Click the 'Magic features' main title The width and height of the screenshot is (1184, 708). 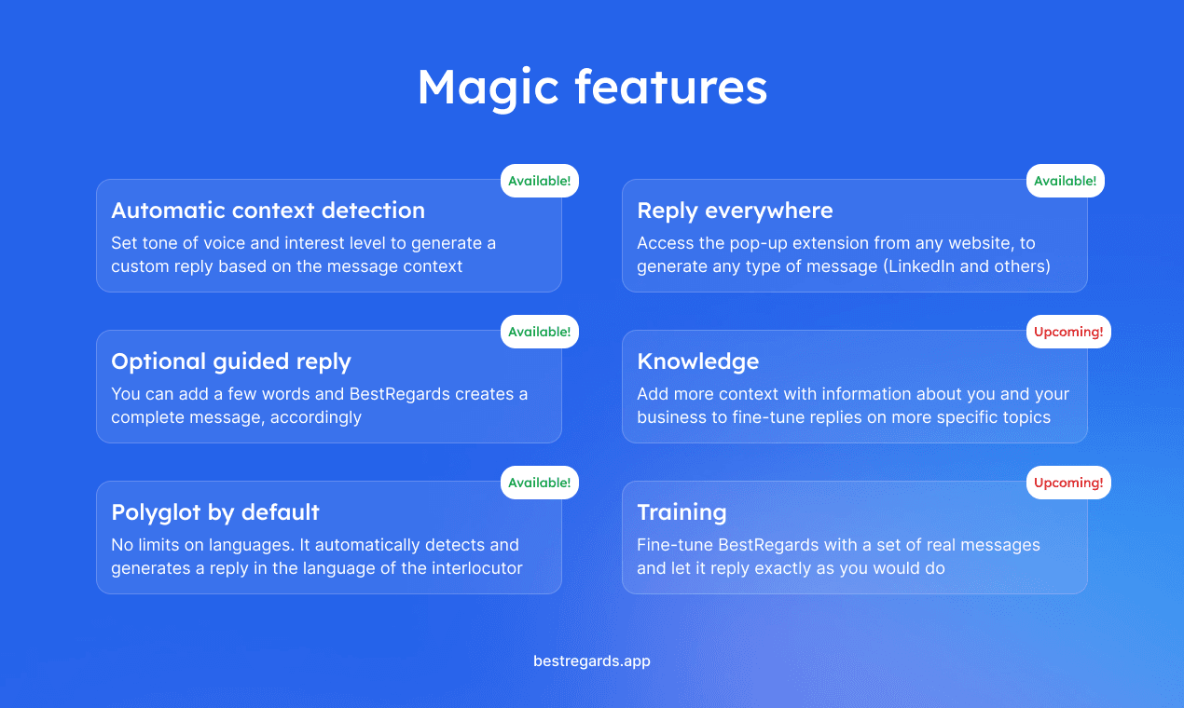pyautogui.click(x=592, y=88)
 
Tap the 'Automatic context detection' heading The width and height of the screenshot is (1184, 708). pyautogui.click(x=268, y=211)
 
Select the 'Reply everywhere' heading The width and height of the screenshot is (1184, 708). pyautogui.click(x=735, y=211)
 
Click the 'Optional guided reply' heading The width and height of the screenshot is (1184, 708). pyautogui.click(x=231, y=362)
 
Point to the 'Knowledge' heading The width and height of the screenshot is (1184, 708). pyautogui.click(x=697, y=361)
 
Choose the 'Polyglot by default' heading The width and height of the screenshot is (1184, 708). pyautogui.click(x=215, y=512)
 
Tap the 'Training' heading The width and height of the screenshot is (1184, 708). pyautogui.click(x=681, y=512)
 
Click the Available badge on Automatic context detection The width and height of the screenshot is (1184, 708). pyautogui.click(x=540, y=181)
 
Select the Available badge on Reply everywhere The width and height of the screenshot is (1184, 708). pyautogui.click(x=1065, y=181)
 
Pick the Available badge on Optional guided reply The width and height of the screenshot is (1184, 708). pyautogui.click(x=540, y=332)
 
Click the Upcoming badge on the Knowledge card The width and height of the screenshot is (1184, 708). pyautogui.click(x=1068, y=332)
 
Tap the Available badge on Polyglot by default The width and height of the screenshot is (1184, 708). pyautogui.click(x=540, y=483)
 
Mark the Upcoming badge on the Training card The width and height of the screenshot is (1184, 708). pyautogui.click(x=1068, y=483)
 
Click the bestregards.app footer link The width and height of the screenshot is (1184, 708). pyautogui.click(x=592, y=661)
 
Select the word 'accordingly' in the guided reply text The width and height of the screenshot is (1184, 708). pyautogui.click(x=315, y=418)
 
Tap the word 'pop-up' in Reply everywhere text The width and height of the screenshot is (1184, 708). pyautogui.click(x=758, y=243)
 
